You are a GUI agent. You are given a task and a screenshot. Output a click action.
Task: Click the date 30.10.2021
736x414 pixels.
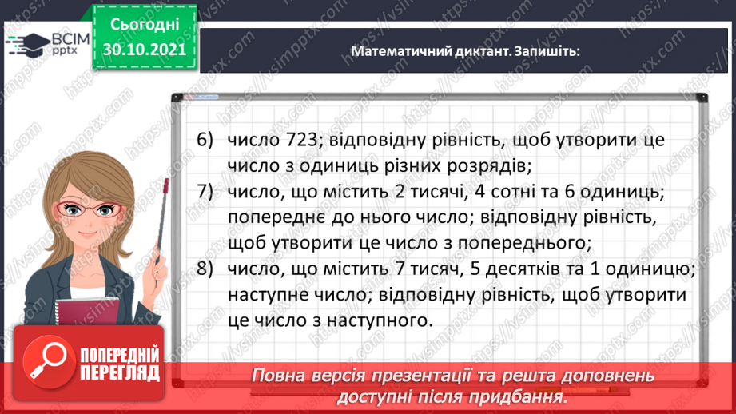144,49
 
